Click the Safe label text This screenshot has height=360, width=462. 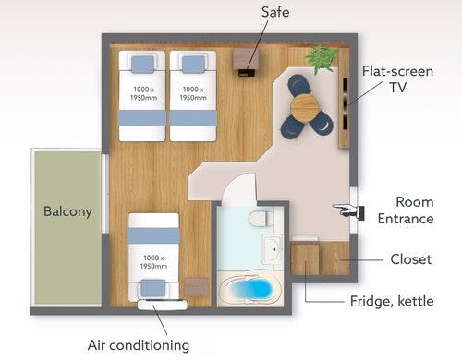[275, 12]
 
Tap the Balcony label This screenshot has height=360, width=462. [67, 211]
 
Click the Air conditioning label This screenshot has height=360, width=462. [139, 345]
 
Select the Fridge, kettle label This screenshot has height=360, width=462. [392, 301]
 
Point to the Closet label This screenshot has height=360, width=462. [411, 259]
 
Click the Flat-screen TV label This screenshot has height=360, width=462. [398, 79]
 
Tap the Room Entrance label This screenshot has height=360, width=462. [406, 210]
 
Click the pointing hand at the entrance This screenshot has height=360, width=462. [349, 210]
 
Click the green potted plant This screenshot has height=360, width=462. [321, 59]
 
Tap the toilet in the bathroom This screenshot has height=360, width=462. [260, 218]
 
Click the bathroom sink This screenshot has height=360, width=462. [273, 249]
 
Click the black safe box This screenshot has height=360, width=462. [247, 73]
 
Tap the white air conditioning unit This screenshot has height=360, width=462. [163, 305]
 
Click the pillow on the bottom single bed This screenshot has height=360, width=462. [153, 288]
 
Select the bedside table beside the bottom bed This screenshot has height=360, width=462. [196, 287]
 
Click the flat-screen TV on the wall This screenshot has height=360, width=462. [346, 103]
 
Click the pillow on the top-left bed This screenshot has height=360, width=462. [142, 65]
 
